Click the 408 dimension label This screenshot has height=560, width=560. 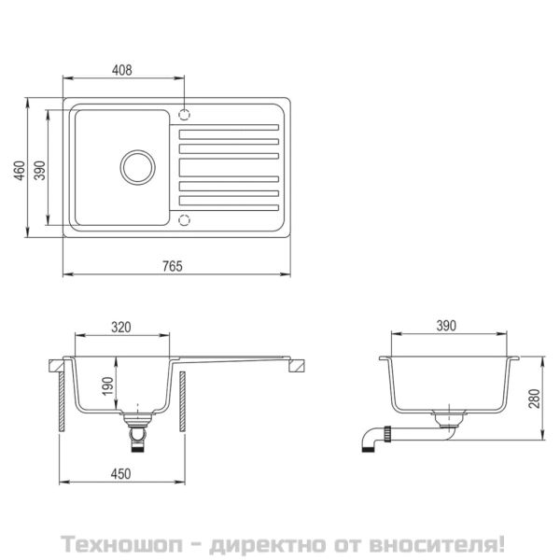click(122, 70)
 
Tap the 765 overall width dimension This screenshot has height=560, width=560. click(172, 266)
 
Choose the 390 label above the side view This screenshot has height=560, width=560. click(445, 327)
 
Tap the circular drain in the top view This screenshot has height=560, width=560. click(138, 168)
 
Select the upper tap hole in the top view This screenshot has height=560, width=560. click(184, 115)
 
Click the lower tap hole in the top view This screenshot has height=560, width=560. click(184, 220)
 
